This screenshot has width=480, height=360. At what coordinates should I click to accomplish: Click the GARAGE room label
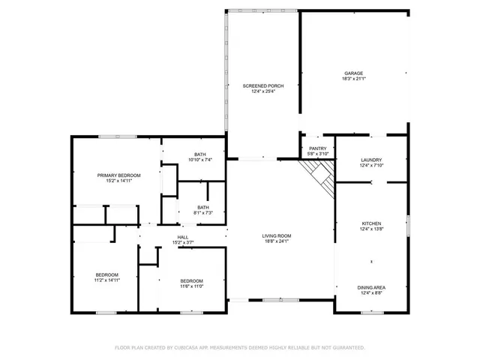(354, 73)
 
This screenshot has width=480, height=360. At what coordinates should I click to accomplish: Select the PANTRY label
(318, 148)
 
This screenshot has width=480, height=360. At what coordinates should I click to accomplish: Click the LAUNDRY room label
(371, 160)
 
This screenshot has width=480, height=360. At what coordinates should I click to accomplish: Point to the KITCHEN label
(372, 223)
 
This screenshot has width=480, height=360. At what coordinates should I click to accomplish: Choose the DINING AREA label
(371, 287)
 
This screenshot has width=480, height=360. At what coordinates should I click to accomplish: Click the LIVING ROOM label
(276, 235)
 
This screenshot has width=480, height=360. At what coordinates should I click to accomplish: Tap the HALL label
(183, 237)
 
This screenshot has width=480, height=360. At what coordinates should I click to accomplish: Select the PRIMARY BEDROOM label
(118, 175)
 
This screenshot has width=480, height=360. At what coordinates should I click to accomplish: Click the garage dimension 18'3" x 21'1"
(354, 79)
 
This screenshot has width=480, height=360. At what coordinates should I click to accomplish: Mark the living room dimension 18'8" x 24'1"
(276, 241)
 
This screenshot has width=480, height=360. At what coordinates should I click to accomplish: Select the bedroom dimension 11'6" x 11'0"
(191, 286)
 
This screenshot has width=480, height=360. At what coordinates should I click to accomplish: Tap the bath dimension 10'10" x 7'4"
(200, 160)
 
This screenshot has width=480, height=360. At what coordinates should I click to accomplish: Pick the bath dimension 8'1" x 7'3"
(203, 213)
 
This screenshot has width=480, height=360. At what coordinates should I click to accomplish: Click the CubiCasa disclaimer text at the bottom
(240, 347)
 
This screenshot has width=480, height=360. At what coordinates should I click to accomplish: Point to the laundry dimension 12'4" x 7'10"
(371, 165)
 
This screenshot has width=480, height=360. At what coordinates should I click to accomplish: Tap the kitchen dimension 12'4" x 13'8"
(372, 229)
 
